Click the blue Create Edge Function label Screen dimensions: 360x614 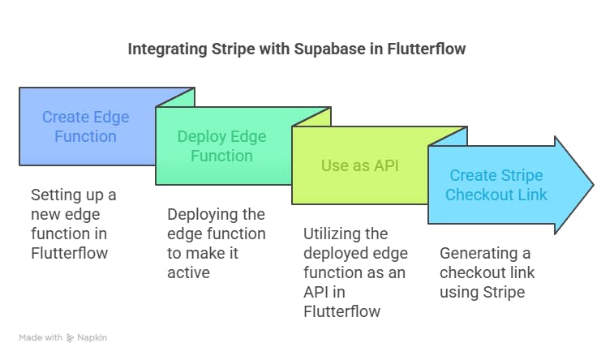(x=85, y=127)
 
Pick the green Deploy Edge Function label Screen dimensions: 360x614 (x=221, y=146)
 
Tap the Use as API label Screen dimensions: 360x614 (x=360, y=165)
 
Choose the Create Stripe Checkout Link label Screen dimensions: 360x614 (x=496, y=185)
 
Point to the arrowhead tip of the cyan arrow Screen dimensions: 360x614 (x=593, y=185)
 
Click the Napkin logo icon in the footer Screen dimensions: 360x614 (x=70, y=337)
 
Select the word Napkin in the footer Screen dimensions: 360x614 (x=92, y=337)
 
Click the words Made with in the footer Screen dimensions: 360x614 (x=41, y=337)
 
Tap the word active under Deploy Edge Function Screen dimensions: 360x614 (x=188, y=272)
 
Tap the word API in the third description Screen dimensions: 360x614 (x=318, y=292)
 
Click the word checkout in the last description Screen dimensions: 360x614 (x=470, y=272)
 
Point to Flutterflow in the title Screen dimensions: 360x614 (x=427, y=49)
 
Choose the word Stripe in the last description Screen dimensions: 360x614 (x=503, y=292)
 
